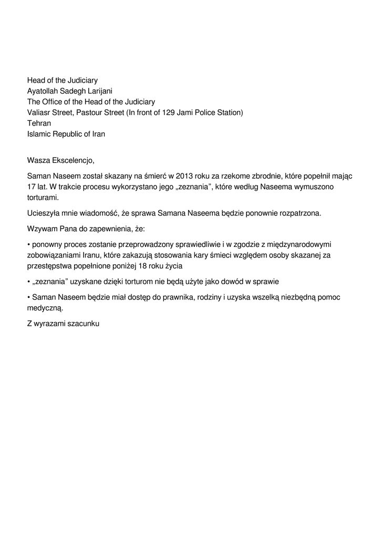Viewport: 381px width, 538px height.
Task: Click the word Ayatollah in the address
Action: pos(43,91)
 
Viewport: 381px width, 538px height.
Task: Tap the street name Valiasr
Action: pos(40,112)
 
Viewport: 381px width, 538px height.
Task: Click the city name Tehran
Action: pos(39,123)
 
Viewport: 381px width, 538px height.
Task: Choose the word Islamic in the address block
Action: pos(40,134)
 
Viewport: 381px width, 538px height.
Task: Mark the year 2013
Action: pos(185,176)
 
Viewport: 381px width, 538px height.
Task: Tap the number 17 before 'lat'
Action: pos(32,187)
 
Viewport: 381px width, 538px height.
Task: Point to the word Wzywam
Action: pos(42,229)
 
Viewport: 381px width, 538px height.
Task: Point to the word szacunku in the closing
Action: pos(83,324)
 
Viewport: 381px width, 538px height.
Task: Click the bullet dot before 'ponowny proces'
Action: pos(28,245)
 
